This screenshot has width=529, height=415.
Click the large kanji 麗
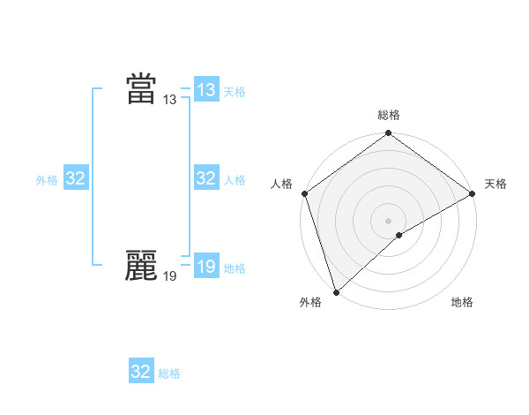tap(141, 266)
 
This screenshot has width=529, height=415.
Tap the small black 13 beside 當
tap(170, 101)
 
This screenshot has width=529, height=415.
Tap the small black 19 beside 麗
tap(170, 277)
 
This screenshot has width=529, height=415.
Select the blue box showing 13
tap(206, 90)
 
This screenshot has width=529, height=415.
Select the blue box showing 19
tap(206, 267)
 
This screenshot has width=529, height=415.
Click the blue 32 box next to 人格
tap(206, 178)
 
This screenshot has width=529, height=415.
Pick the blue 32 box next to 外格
tap(76, 178)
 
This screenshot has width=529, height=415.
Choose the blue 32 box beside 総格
tap(141, 371)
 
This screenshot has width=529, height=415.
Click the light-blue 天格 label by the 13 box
tap(235, 92)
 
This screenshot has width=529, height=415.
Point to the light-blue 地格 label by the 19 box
tap(235, 268)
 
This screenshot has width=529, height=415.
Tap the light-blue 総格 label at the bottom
tap(169, 373)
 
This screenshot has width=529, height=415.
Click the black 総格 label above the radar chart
tap(389, 115)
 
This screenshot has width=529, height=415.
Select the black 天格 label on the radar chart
tap(496, 184)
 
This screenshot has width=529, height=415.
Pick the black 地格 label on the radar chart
tap(462, 303)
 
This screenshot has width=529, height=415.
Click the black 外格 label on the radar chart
tap(310, 303)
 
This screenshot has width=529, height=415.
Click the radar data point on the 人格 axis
tap(305, 193)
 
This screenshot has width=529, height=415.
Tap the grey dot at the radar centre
tap(389, 221)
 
